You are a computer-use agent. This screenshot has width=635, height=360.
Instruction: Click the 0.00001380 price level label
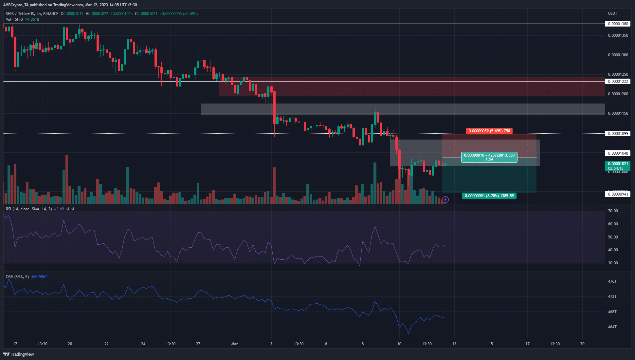coord(618,24)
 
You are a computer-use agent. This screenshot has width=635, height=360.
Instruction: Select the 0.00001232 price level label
coord(618,82)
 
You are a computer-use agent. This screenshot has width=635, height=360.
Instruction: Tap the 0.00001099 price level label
coord(618,134)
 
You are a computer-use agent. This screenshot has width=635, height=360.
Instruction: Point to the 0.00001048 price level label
coord(618,153)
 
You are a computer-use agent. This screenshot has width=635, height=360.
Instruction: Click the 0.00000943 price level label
coord(618,194)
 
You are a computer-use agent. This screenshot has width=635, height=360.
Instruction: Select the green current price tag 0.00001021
coord(618,166)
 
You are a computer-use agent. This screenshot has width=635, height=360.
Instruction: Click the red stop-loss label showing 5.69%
coord(489,131)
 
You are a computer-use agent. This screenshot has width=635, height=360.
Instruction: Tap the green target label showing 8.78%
coord(489,196)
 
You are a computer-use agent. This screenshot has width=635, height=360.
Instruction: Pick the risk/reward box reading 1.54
coord(489,157)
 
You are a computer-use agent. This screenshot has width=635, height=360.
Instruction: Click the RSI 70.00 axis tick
coord(613,211)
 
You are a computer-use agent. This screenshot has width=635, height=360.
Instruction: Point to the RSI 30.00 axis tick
coord(613,263)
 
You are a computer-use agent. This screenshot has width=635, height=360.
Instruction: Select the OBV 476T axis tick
coord(612,281)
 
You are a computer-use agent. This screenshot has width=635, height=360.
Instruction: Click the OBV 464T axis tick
coord(612,327)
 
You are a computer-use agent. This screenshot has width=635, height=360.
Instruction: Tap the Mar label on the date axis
coord(234,344)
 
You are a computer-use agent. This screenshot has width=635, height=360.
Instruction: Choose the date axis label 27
coord(198,344)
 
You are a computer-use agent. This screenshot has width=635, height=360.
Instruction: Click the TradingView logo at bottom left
coord(19,354)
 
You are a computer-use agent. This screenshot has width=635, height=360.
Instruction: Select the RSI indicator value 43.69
coord(59,209)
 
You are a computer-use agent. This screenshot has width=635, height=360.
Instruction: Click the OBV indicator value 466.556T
coord(39,277)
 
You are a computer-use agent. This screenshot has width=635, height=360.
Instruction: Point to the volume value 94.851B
coord(32,19)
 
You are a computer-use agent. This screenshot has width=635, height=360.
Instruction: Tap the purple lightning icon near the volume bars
coord(445,199)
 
